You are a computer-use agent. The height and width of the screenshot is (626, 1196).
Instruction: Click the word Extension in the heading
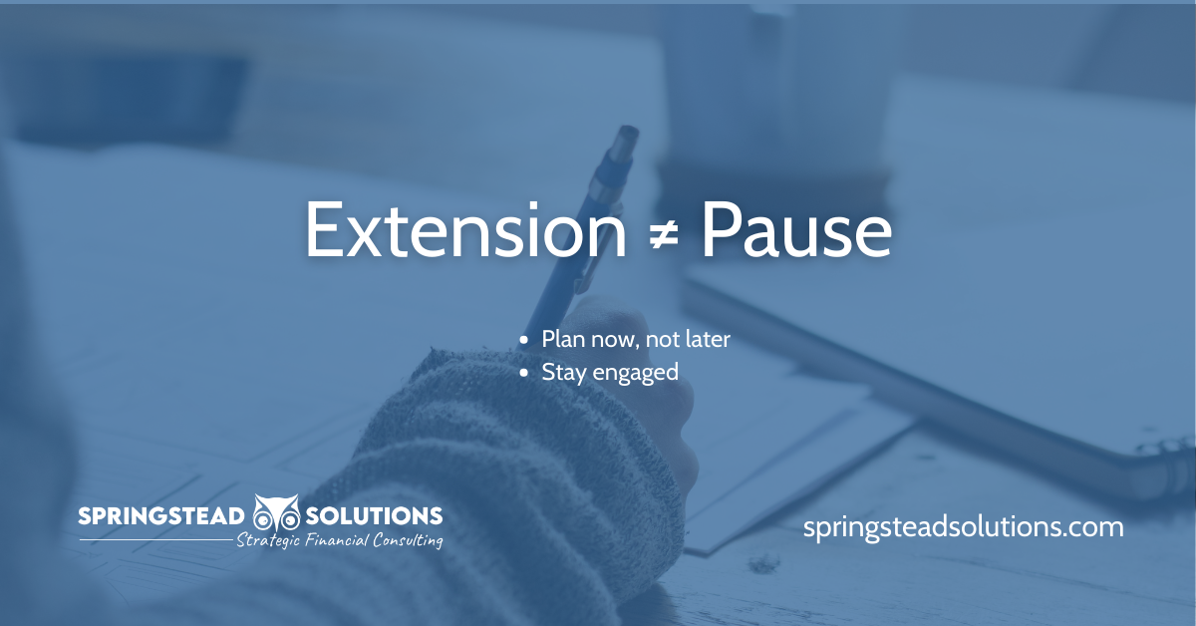click(465, 229)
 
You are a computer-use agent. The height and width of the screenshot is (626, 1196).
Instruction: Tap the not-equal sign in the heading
click(664, 234)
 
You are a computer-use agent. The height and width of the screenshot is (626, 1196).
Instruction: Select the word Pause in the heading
click(796, 229)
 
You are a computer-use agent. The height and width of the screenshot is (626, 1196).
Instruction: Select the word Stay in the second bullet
click(564, 373)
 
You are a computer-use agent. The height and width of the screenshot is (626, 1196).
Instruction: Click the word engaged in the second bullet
click(636, 373)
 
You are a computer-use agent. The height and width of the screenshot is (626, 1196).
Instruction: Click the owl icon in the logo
click(275, 512)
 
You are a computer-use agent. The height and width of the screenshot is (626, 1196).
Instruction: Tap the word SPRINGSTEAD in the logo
click(161, 516)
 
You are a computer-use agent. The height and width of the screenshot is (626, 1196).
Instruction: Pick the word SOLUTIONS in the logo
click(374, 516)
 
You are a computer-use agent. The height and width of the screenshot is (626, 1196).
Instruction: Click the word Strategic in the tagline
click(268, 540)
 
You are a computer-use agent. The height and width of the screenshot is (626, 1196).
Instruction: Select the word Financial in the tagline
click(337, 540)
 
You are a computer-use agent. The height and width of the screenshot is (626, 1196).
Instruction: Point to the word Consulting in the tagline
click(408, 540)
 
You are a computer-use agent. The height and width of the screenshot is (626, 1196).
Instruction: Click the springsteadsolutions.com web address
click(963, 527)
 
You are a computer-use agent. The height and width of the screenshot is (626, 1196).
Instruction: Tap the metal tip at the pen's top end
click(625, 140)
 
